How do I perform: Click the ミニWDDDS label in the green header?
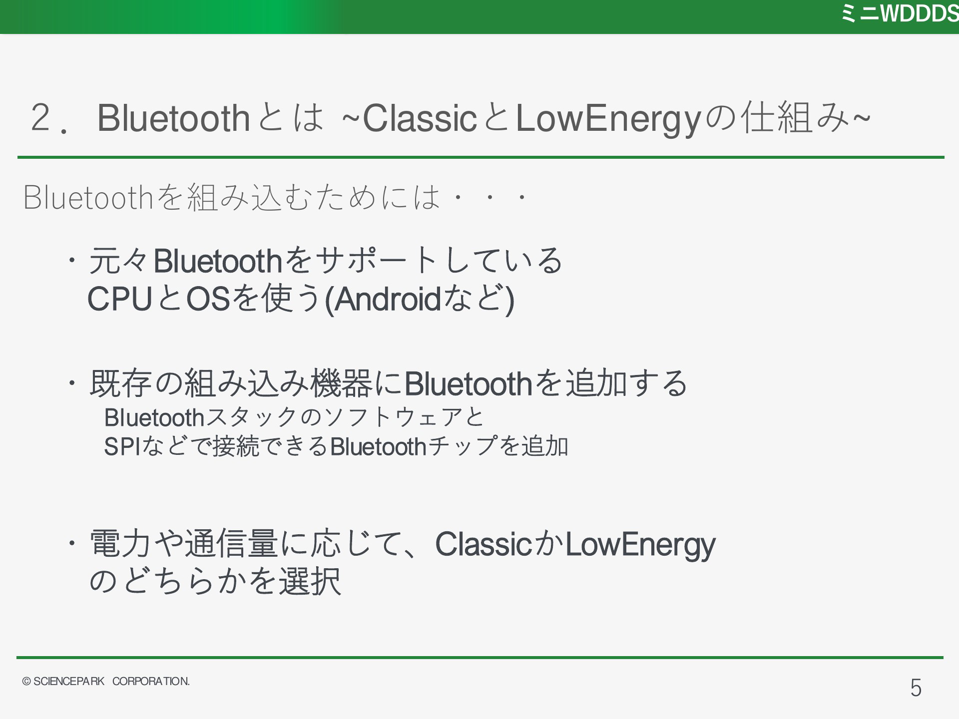(x=900, y=14)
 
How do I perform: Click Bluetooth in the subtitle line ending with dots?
(x=88, y=197)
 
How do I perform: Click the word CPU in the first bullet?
(x=119, y=299)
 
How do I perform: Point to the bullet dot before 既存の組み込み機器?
(x=72, y=382)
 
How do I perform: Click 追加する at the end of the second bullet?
(x=626, y=383)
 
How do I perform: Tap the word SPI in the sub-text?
(x=123, y=446)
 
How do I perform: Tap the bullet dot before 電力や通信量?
(x=72, y=542)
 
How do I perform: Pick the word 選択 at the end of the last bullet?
(x=310, y=581)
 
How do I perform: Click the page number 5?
(x=916, y=688)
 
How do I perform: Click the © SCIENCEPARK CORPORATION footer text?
(x=106, y=682)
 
